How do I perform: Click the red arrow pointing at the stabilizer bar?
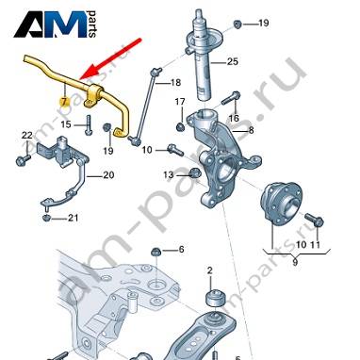(x=110, y=58)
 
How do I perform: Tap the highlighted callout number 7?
(x=64, y=102)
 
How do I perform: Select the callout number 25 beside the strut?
(x=233, y=61)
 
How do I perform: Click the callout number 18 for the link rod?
(x=175, y=83)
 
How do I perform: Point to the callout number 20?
(x=108, y=175)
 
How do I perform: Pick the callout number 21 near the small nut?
(x=74, y=218)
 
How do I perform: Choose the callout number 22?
(x=27, y=136)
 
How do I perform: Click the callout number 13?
(x=169, y=174)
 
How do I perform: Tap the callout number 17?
(x=180, y=102)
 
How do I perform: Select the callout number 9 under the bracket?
(x=295, y=262)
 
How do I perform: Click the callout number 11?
(x=316, y=244)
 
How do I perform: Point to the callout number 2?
(x=210, y=270)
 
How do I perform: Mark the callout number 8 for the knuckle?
(x=251, y=130)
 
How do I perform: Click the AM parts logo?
(x=55, y=25)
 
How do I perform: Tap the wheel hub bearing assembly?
(x=281, y=204)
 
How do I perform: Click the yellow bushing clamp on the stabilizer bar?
(x=93, y=96)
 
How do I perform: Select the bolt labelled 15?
(x=89, y=125)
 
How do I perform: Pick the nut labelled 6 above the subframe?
(x=155, y=252)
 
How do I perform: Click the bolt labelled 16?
(x=231, y=98)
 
